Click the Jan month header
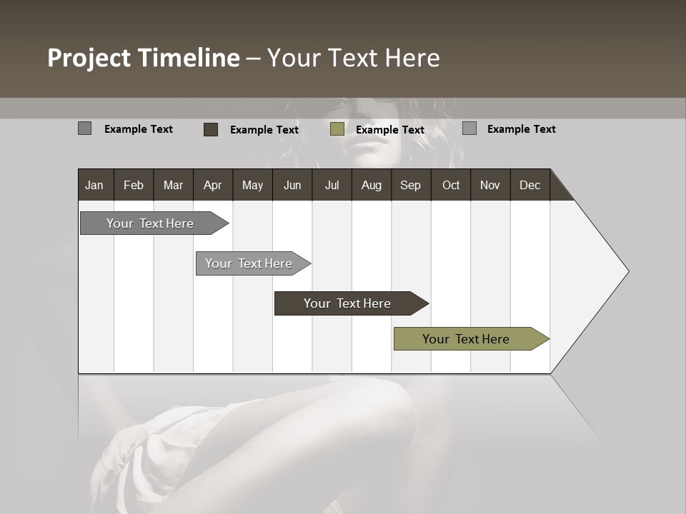coord(94,185)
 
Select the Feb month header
coord(134,185)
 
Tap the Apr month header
coord(212,185)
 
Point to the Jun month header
coord(292,185)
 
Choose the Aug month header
coord(371,185)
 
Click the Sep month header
coord(410,185)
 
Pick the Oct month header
coord(451,185)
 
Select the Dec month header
coord(530,185)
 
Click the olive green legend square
coord(337,129)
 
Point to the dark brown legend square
coord(211,129)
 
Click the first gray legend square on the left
coord(84,128)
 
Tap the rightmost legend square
coord(469,128)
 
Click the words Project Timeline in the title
coord(144,58)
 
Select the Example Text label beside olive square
coord(389,130)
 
